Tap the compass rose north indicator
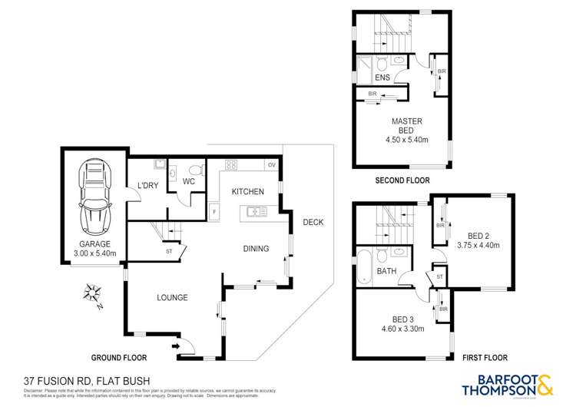(94, 293)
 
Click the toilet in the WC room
(195, 170)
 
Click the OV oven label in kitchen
(271, 164)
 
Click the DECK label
(313, 223)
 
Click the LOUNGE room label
(172, 298)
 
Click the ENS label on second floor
(382, 78)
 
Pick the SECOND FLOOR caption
(402, 180)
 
